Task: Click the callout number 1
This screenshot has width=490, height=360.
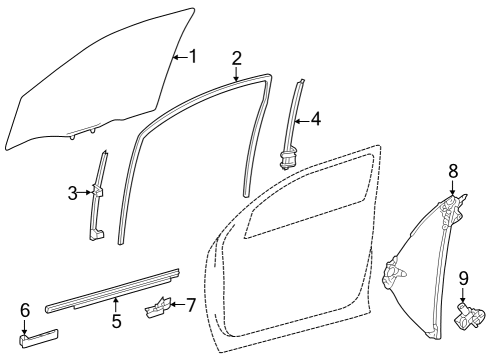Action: pyautogui.click(x=193, y=56)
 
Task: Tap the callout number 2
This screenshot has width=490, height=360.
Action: pyautogui.click(x=236, y=57)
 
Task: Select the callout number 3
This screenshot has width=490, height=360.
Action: pyautogui.click(x=73, y=193)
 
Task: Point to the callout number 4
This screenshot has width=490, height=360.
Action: pyautogui.click(x=315, y=119)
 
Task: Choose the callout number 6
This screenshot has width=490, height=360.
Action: pyautogui.click(x=25, y=310)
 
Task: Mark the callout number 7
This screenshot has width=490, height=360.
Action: pyautogui.click(x=191, y=303)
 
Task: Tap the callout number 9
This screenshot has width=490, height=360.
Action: pyautogui.click(x=463, y=277)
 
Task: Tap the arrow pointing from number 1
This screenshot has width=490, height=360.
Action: pyautogui.click(x=180, y=56)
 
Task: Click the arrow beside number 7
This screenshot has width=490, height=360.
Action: pyautogui.click(x=177, y=303)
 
